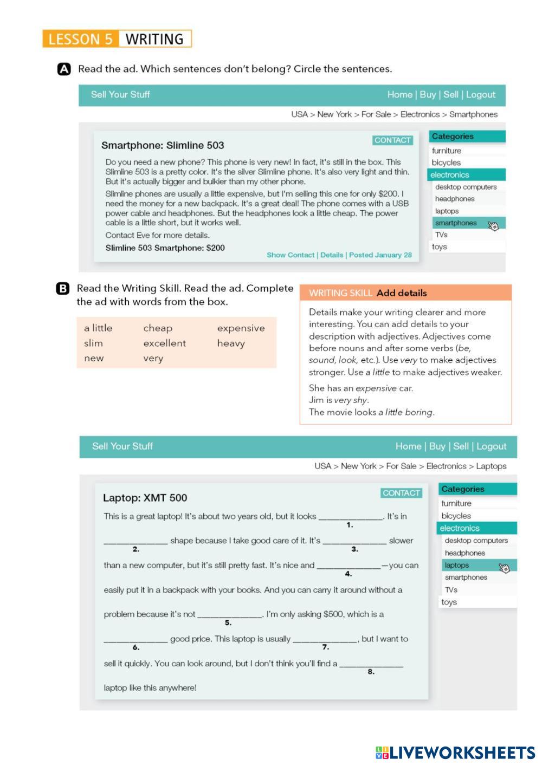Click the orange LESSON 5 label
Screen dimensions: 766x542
click(80, 39)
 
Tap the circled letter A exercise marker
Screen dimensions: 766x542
click(64, 69)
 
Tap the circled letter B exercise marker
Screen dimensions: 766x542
click(63, 288)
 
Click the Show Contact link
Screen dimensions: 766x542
click(290, 255)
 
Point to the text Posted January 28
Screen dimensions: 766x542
click(380, 255)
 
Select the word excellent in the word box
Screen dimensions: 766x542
click(164, 343)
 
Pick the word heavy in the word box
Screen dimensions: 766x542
click(231, 343)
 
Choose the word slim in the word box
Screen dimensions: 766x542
click(93, 343)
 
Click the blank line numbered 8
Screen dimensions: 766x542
click(371, 664)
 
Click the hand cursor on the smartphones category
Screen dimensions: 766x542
click(493, 225)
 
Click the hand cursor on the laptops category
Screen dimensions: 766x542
click(504, 567)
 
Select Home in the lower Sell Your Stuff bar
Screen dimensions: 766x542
click(408, 446)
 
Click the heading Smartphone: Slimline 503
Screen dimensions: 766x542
click(163, 145)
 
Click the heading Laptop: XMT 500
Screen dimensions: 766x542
click(145, 498)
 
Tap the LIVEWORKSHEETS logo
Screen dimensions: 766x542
click(455, 752)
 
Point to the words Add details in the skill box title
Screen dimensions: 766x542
click(402, 293)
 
